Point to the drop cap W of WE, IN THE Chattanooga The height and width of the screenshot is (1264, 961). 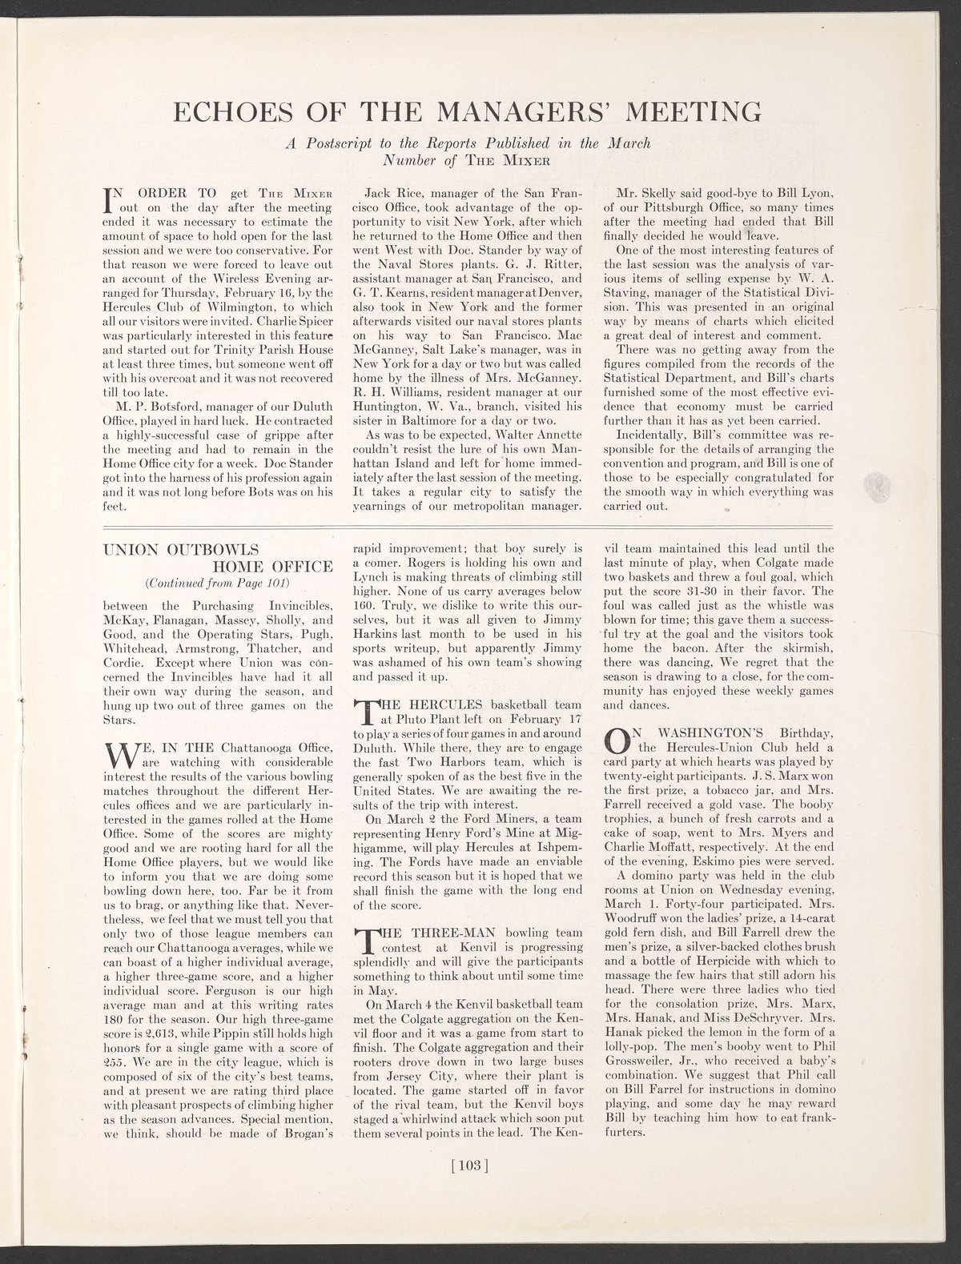118,756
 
